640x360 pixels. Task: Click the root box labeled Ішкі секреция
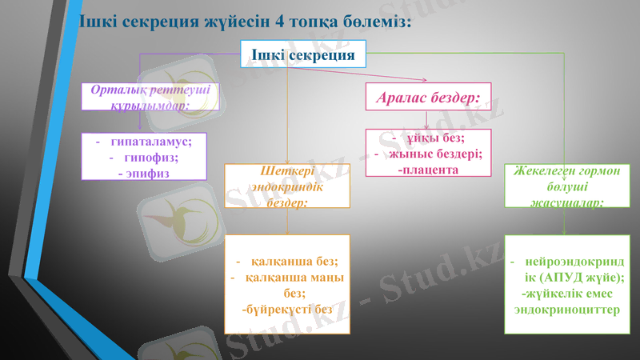click(303, 54)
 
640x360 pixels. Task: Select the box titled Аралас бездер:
click(428, 97)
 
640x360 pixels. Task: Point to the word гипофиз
click(151, 157)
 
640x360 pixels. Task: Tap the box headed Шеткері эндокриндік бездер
click(286, 186)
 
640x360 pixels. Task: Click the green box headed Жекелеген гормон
click(566, 186)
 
